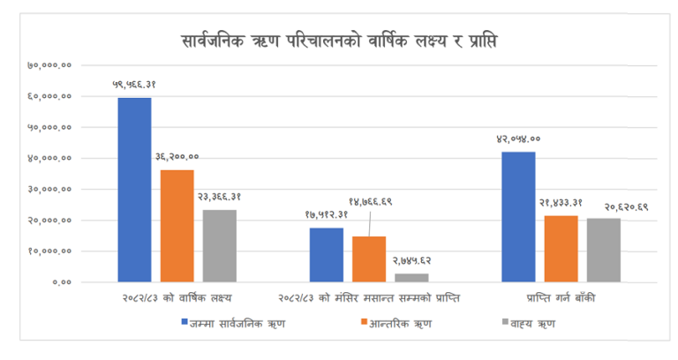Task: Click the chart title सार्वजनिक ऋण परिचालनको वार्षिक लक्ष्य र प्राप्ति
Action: click(x=339, y=41)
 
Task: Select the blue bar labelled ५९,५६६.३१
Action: click(x=134, y=190)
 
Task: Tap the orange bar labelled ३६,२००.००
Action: click(x=177, y=226)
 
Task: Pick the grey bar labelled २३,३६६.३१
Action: click(x=220, y=245)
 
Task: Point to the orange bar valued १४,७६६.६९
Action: click(x=369, y=259)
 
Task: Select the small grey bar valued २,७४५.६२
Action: click(x=411, y=277)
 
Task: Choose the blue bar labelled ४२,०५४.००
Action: click(x=518, y=217)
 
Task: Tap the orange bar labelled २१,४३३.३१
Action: click(x=561, y=249)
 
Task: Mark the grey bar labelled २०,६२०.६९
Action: click(x=604, y=250)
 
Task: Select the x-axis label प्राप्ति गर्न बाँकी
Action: click(x=561, y=297)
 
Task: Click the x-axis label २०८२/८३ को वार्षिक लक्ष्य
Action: click(x=177, y=297)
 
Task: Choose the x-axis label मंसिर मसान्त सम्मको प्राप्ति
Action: click(x=370, y=297)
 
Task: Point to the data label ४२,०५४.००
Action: click(x=518, y=139)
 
